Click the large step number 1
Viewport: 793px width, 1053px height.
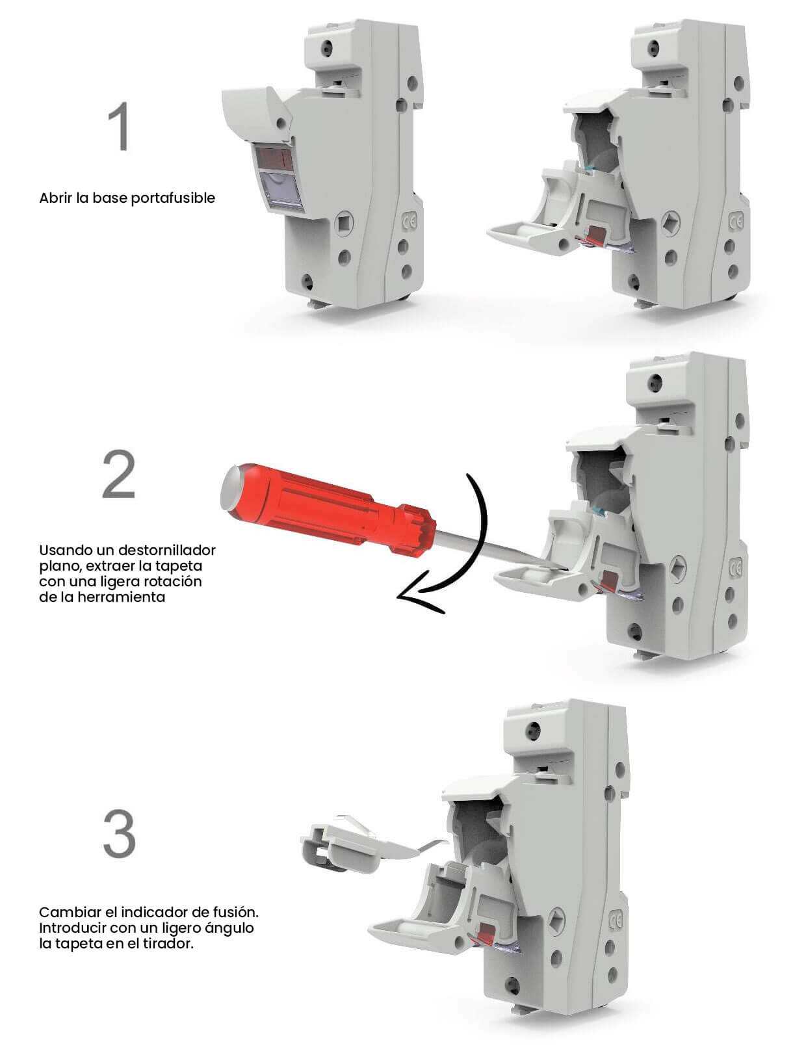click(118, 126)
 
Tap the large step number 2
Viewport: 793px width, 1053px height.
click(118, 473)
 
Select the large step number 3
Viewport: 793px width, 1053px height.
click(119, 834)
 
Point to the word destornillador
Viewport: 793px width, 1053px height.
click(166, 550)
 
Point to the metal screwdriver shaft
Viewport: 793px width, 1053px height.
click(499, 551)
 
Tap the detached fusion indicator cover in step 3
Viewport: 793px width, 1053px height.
click(361, 848)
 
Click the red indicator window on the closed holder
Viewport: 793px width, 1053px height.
click(274, 159)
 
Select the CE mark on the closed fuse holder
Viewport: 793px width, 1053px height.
click(409, 222)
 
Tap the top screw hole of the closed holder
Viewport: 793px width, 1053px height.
click(328, 47)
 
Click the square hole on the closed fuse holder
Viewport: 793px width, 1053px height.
click(343, 224)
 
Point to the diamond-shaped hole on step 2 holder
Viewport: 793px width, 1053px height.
click(677, 568)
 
